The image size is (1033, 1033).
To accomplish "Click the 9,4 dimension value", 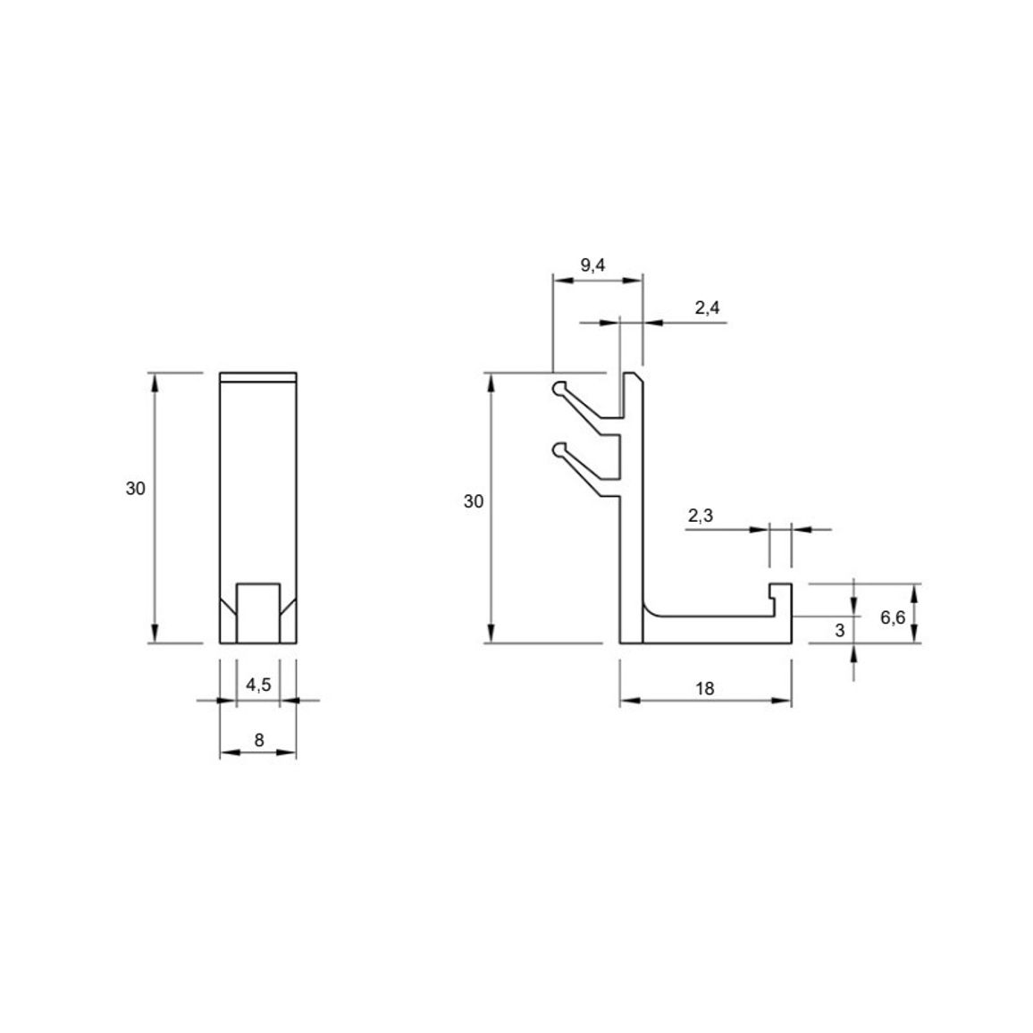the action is (x=592, y=265).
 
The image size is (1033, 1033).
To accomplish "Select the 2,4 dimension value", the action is (x=707, y=307).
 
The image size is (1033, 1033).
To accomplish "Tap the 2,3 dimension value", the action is (x=701, y=516).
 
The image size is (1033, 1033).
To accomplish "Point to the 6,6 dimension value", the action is (x=893, y=617).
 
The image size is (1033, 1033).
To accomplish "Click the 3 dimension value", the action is (x=839, y=631).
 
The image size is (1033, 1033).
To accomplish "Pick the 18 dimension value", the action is (x=704, y=689).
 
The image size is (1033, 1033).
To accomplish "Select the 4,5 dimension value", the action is (x=258, y=685).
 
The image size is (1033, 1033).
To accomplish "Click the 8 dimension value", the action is (x=259, y=741).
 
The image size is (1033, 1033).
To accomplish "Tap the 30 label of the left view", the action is (x=135, y=489).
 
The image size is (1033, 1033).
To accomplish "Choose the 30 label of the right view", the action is (x=473, y=502).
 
